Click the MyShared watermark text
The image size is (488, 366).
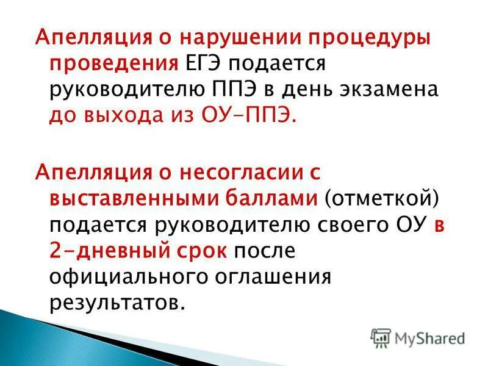click(429, 337)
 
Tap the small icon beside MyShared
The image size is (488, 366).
click(381, 337)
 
